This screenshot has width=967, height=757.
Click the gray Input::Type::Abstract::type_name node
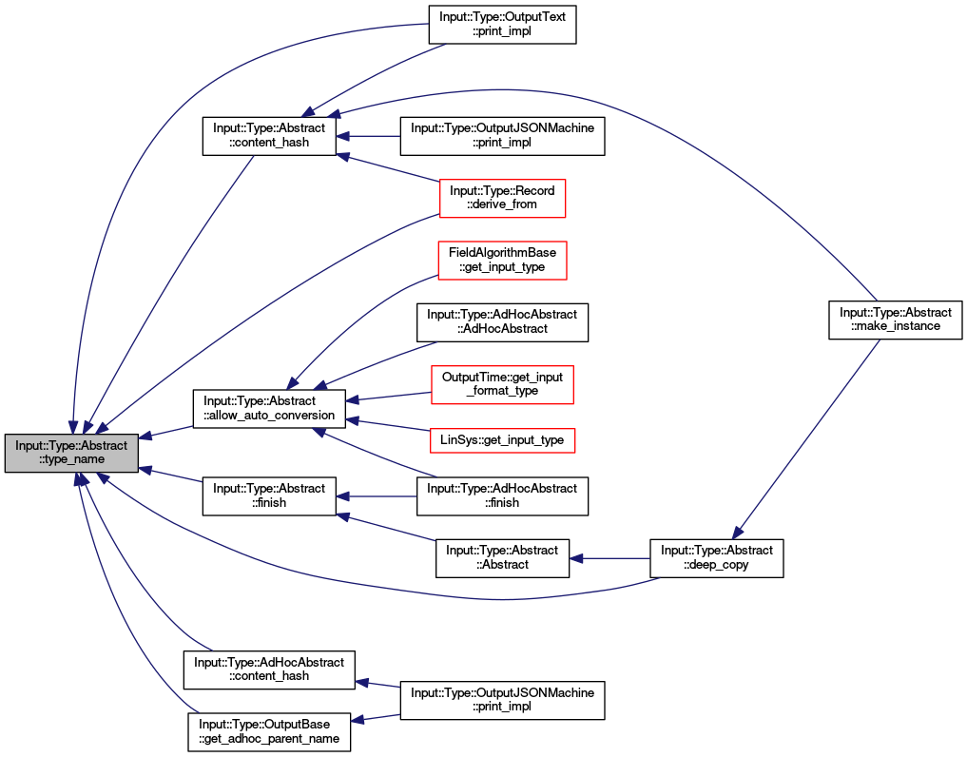pyautogui.click(x=71, y=453)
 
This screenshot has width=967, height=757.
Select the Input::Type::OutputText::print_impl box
pyautogui.click(x=503, y=24)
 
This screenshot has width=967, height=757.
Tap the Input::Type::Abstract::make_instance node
pyautogui.click(x=896, y=320)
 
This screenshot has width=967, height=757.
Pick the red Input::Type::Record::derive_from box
pyautogui.click(x=502, y=198)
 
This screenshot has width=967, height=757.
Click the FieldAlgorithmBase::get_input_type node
pyautogui.click(x=503, y=261)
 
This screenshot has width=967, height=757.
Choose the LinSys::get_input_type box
pyautogui.click(x=502, y=440)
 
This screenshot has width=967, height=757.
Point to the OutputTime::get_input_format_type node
pyautogui.click(x=503, y=384)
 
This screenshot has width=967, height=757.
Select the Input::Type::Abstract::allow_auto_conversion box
pyautogui.click(x=269, y=408)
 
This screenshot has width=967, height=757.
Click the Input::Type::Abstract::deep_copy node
pyautogui.click(x=717, y=558)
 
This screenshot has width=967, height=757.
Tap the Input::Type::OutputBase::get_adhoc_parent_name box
pyautogui.click(x=269, y=731)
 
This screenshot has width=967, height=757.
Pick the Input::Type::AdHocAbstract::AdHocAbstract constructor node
pyautogui.click(x=503, y=322)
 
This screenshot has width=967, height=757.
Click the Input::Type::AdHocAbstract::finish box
pyautogui.click(x=503, y=496)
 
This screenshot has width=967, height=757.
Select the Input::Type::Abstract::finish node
pyautogui.click(x=269, y=496)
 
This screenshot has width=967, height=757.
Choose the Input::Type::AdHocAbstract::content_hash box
pyautogui.click(x=269, y=670)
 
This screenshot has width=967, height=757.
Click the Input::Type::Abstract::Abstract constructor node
pyautogui.click(x=503, y=558)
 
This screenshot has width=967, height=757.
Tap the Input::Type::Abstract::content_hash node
pyautogui.click(x=269, y=136)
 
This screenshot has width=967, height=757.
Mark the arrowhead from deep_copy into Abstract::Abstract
pyautogui.click(x=576, y=558)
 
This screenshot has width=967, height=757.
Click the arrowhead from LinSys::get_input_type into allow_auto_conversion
pyautogui.click(x=353, y=420)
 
